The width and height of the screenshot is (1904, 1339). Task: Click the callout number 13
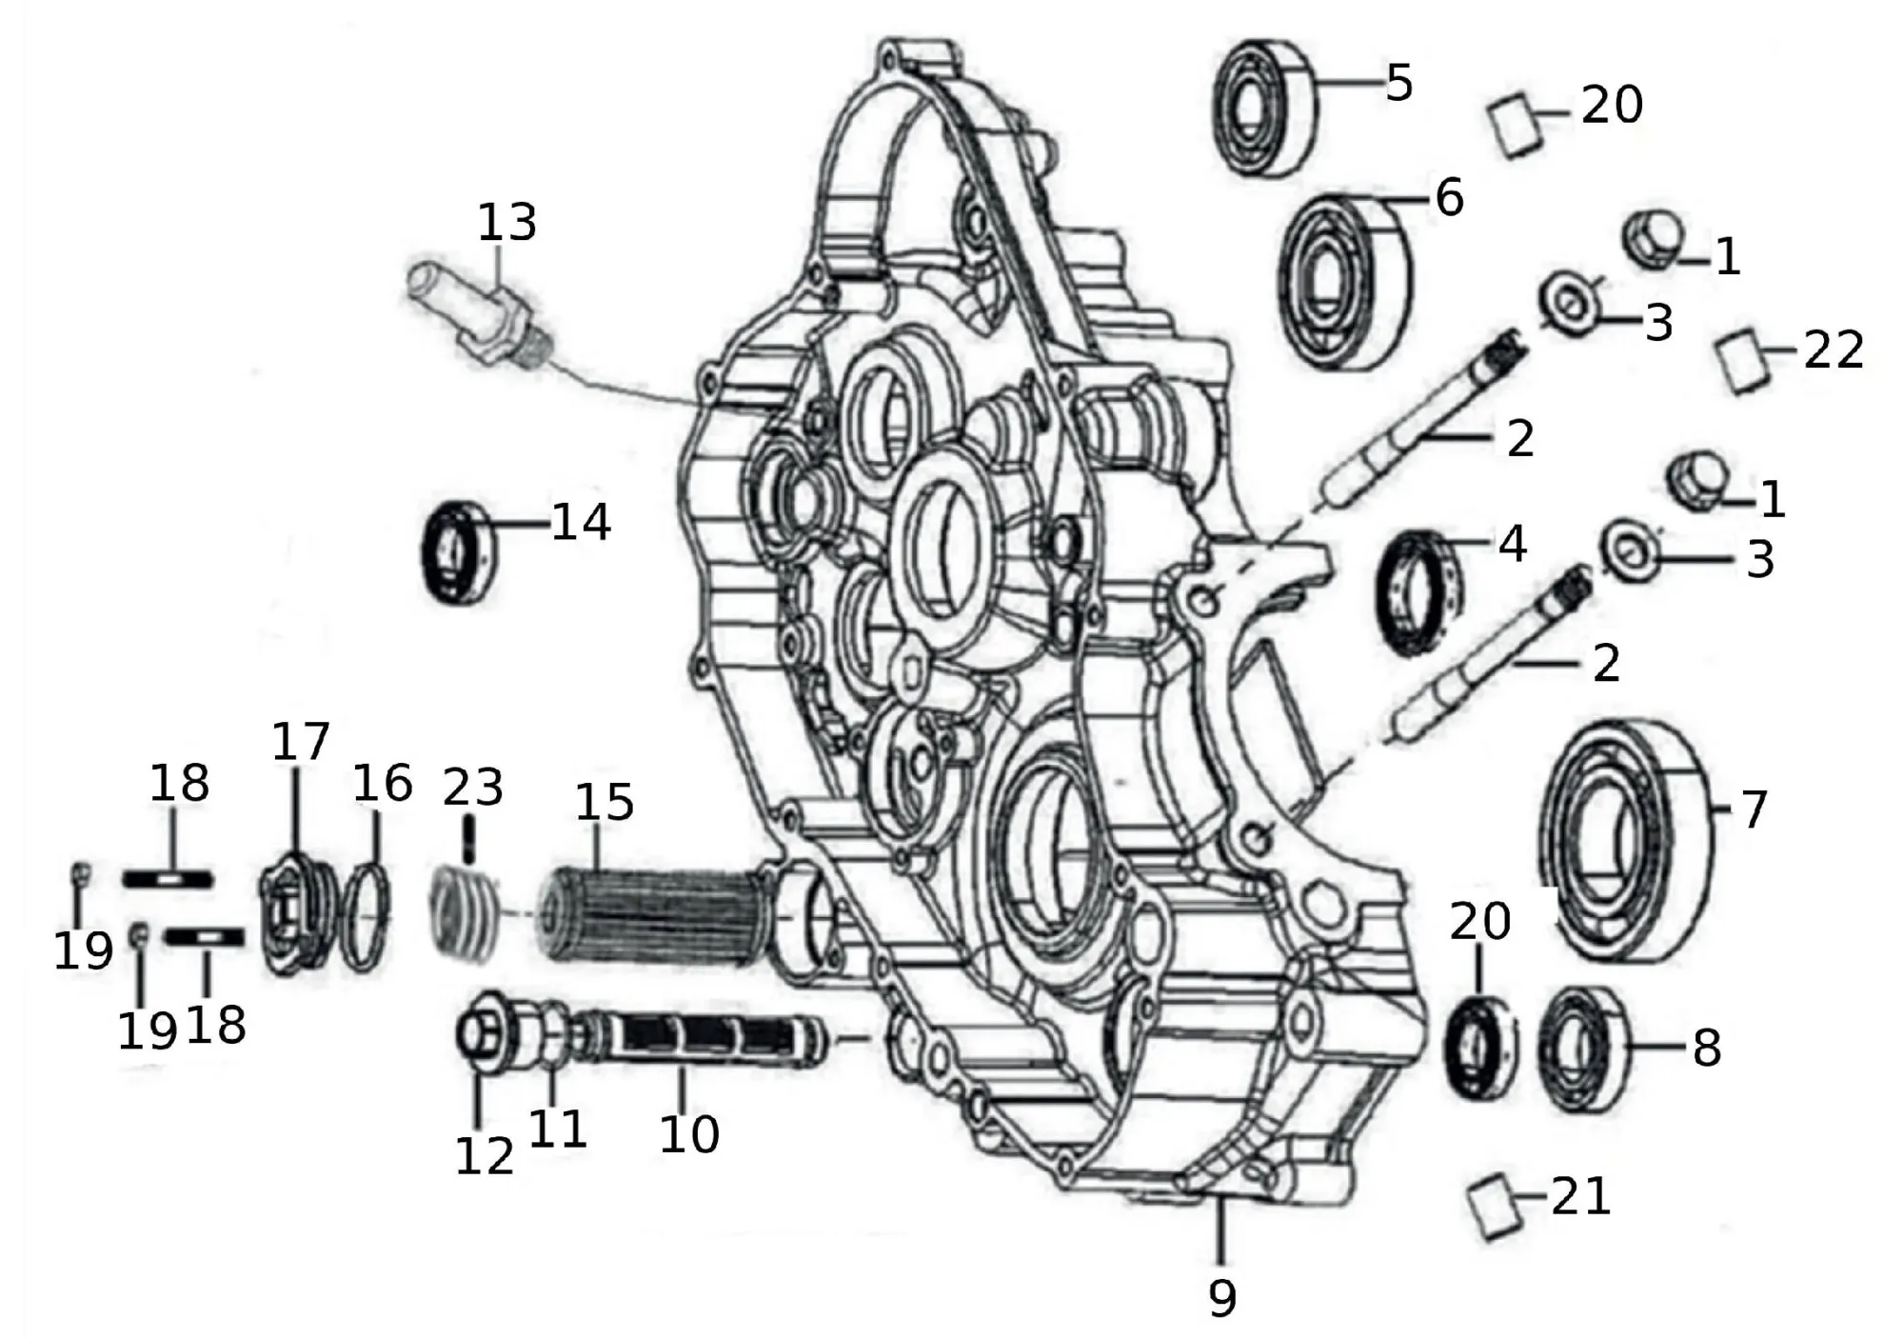coord(506,223)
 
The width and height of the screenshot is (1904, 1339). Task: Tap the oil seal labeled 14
coord(458,551)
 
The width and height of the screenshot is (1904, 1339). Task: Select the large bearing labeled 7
coord(1625,838)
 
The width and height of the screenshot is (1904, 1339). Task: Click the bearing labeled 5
coord(1264,107)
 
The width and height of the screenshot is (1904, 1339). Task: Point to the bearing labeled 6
coord(1342,281)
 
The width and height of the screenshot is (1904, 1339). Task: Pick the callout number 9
coord(1221,1297)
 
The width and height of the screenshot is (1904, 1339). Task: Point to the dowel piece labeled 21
coord(1494,1207)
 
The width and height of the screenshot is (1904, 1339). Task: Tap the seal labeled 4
coord(1419,592)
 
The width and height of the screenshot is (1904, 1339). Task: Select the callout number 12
coord(485,1155)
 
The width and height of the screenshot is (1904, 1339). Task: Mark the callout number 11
coord(557,1129)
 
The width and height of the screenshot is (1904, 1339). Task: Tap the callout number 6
coord(1448,198)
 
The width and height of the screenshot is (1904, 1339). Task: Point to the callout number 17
coord(301,742)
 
